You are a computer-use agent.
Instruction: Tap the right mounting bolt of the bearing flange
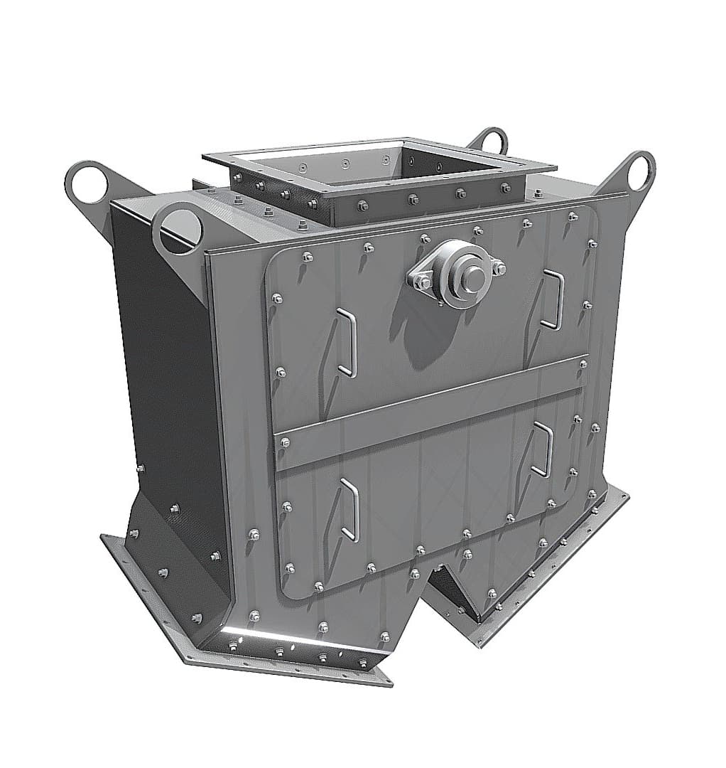click(x=498, y=268)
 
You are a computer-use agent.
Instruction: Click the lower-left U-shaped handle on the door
click(x=350, y=509)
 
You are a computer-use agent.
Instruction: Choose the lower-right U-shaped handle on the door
click(x=543, y=449)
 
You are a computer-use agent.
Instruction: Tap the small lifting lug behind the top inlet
click(x=491, y=139)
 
